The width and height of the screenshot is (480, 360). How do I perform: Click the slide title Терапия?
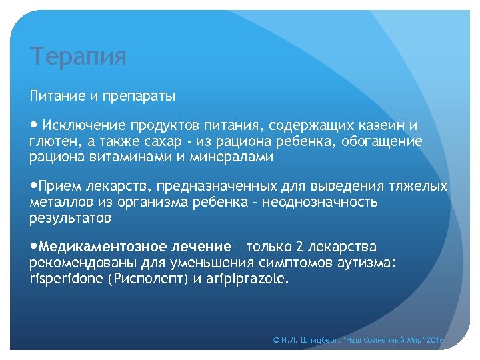click(x=78, y=57)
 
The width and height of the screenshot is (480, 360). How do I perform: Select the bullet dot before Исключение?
click(x=33, y=125)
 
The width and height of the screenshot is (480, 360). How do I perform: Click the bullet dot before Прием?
click(x=33, y=186)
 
